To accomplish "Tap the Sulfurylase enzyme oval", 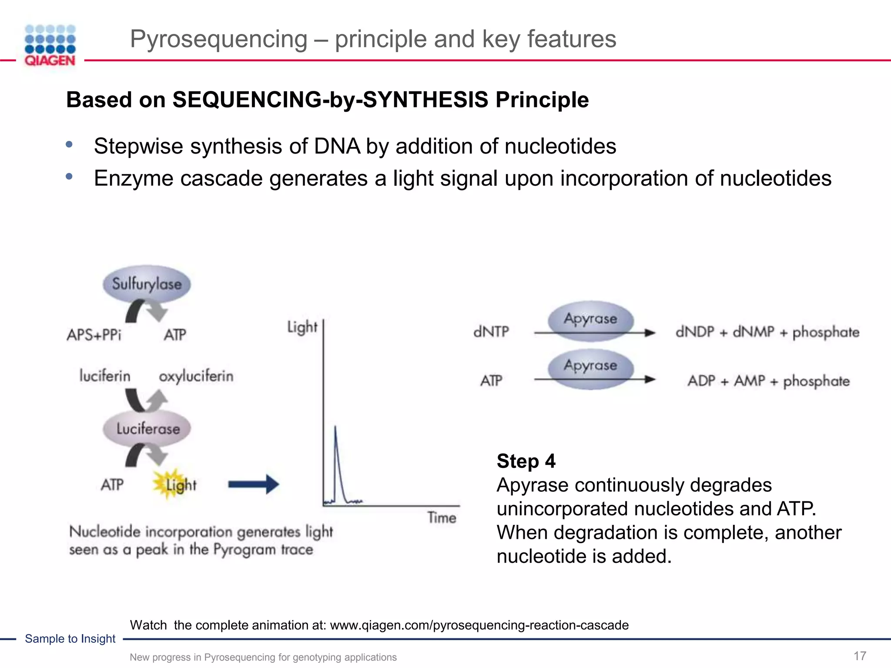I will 147,284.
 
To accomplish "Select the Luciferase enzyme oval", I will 147,429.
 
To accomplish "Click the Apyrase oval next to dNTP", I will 590,319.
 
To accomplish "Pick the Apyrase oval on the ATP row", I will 590,366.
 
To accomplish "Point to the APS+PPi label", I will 94,335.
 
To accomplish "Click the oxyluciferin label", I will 196,376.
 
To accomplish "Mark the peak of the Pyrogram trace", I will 335,427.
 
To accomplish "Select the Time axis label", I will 442,518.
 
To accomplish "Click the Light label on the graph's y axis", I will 302,327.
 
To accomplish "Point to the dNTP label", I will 491,332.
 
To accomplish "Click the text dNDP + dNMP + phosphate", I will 767,332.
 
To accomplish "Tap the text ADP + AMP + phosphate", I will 768,381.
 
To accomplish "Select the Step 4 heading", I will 526,461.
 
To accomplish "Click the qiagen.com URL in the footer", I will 479,625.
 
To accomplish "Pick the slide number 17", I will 860,656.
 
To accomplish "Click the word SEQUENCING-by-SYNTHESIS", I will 330,100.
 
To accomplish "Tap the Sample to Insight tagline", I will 70,638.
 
